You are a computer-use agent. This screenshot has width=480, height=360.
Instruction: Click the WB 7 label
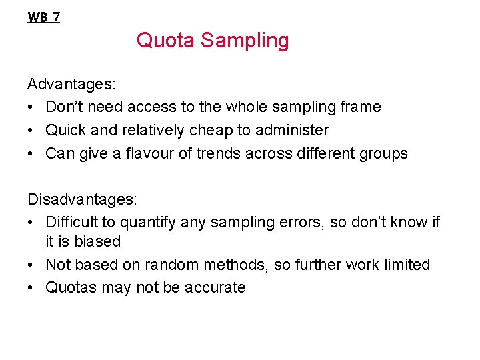coord(43,17)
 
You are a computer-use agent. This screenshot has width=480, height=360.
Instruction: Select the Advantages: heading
coord(71,84)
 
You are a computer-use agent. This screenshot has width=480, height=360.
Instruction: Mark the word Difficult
coord(71,222)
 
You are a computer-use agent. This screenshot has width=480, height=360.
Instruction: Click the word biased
coord(97,241)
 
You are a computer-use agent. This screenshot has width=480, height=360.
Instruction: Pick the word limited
coord(407,265)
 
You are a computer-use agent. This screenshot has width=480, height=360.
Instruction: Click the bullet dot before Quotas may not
coord(31,287)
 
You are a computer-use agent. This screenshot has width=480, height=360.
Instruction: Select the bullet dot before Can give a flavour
coord(31,153)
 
